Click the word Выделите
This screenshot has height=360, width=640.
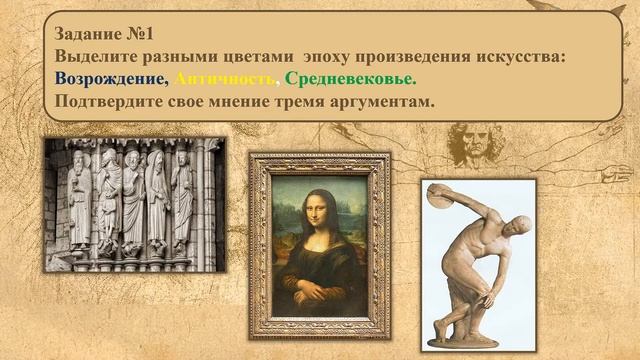101,56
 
